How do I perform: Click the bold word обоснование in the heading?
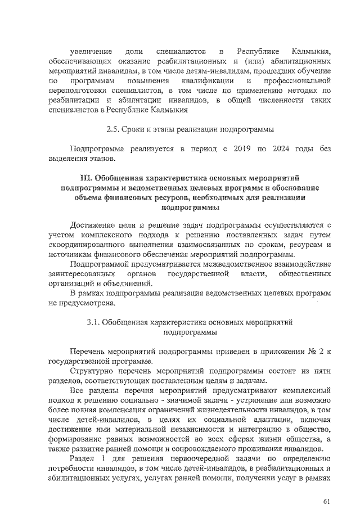pos(295,187)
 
